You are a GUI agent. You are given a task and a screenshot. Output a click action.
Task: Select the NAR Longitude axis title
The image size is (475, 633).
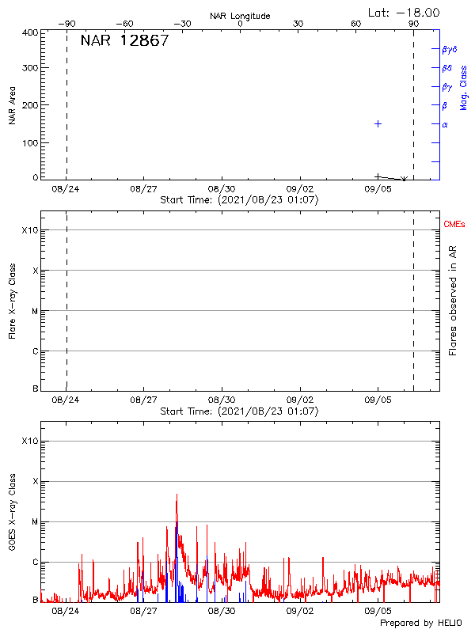[240, 16]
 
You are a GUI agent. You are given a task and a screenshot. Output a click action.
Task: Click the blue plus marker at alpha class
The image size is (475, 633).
[378, 124]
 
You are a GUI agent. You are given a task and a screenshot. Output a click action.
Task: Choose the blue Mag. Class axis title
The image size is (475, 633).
[464, 87]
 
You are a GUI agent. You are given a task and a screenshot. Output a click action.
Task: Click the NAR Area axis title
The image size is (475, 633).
[12, 105]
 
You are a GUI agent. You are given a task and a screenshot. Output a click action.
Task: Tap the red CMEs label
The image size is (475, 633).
[455, 225]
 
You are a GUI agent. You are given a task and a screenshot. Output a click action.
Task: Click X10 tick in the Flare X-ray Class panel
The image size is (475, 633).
[29, 230]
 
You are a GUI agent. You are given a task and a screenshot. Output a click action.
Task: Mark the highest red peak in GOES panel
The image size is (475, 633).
[177, 495]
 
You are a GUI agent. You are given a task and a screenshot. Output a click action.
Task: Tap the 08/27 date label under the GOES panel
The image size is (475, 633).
[143, 611]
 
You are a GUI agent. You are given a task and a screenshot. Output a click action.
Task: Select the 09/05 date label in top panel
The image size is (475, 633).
[378, 189]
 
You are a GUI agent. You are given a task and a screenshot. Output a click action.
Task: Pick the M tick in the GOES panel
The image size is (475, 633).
[35, 522]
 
